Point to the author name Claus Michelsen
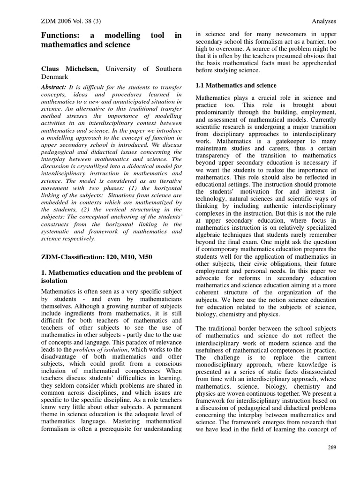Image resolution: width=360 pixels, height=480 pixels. click(70, 69)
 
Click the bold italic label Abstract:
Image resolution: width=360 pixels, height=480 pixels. click(54, 87)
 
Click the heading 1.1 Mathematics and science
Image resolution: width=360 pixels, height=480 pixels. click(235, 85)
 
